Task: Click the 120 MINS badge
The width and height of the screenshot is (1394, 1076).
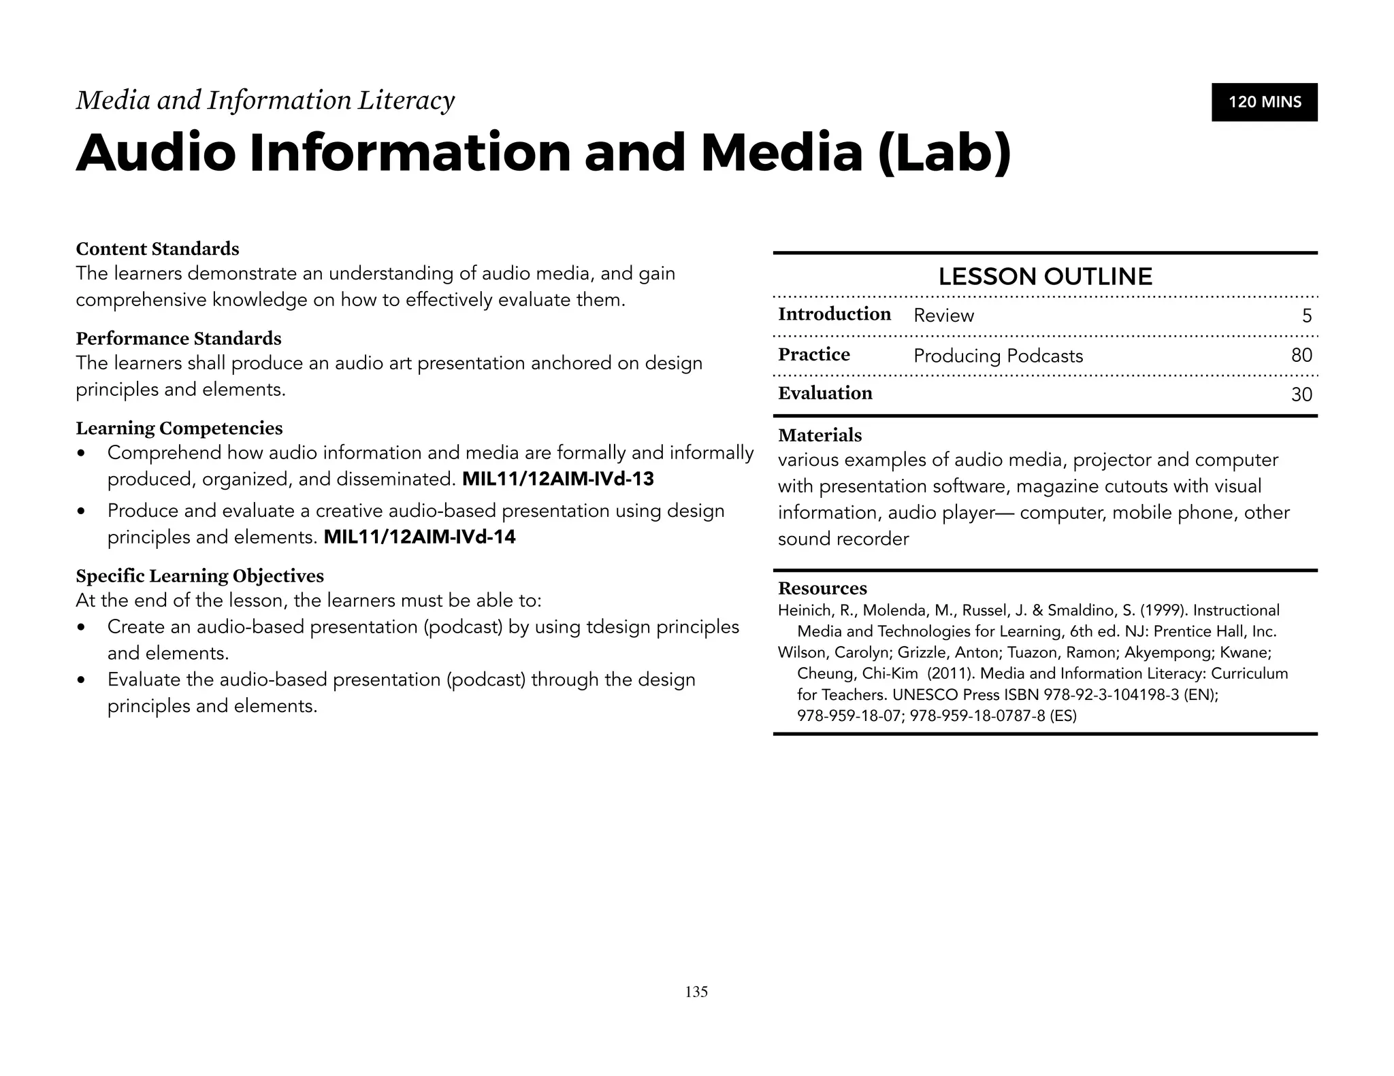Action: [x=1264, y=102]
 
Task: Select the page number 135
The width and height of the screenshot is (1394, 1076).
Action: [x=696, y=992]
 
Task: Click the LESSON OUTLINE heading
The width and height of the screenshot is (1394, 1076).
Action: [x=1045, y=277]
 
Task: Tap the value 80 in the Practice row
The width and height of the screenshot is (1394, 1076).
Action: [x=1301, y=355]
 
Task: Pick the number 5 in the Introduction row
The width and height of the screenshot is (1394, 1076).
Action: [x=1307, y=316]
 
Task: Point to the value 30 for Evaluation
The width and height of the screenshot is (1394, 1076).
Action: [x=1301, y=394]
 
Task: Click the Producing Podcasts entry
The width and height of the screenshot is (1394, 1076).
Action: [x=998, y=356]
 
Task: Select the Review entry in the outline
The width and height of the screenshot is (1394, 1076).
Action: [x=943, y=316]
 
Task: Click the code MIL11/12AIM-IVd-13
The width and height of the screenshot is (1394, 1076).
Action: [x=557, y=480]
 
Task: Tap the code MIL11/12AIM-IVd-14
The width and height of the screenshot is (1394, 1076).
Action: [x=419, y=537]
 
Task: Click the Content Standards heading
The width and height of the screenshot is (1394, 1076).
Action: [x=157, y=249]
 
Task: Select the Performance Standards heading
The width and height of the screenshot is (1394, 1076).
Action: [x=178, y=339]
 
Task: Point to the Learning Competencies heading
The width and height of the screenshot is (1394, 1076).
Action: [x=179, y=428]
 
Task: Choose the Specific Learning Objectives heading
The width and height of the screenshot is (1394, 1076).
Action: [x=199, y=576]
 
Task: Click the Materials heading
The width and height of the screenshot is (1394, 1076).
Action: [x=820, y=435]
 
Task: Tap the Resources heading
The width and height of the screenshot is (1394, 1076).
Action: [x=822, y=588]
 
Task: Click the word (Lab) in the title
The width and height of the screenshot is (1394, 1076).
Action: [x=944, y=154]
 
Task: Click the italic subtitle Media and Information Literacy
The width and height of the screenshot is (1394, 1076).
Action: [x=265, y=101]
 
